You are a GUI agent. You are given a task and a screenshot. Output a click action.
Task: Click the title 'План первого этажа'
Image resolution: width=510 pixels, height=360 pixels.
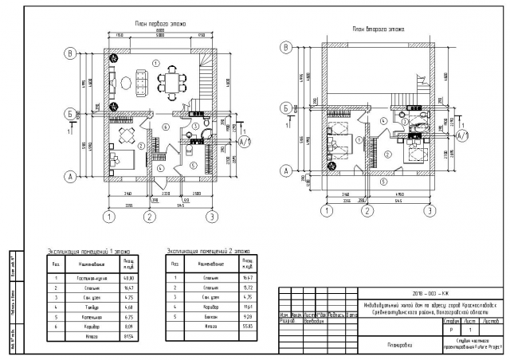coord(159,25)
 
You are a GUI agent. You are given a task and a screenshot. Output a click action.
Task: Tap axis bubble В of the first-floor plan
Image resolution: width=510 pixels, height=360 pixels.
coord(71,54)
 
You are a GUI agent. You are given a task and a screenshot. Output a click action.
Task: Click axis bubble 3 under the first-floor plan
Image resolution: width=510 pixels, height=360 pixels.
coord(211,216)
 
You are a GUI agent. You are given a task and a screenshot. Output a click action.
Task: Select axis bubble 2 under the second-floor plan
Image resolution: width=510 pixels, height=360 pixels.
coord(366,211)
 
